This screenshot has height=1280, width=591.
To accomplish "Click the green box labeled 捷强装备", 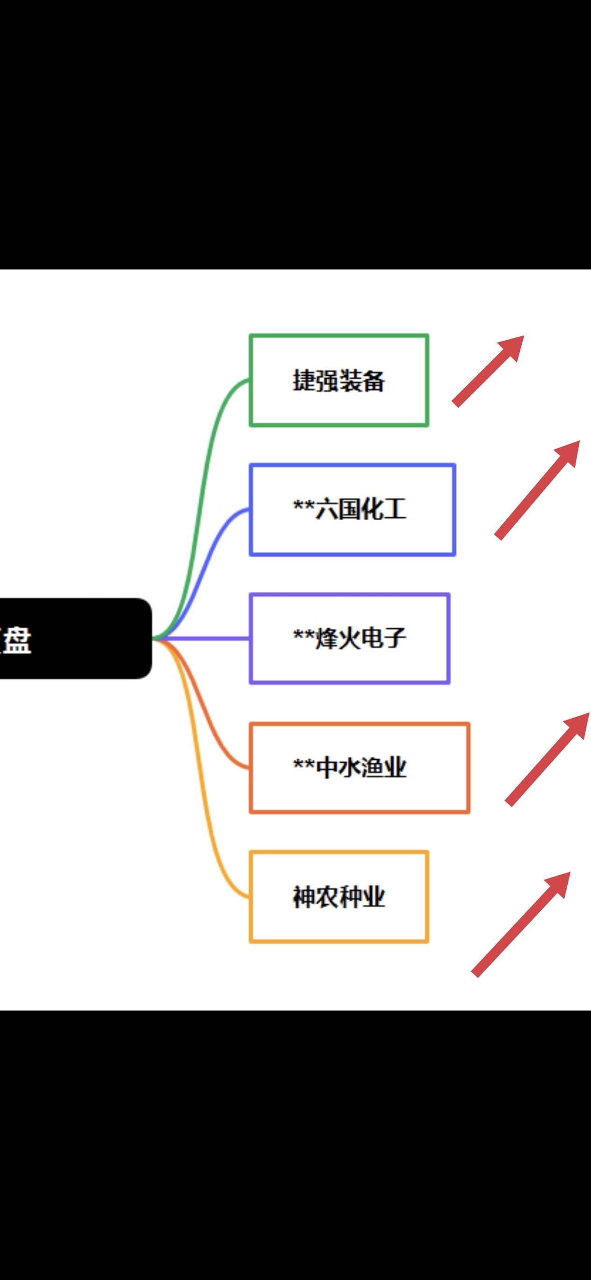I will [x=339, y=380].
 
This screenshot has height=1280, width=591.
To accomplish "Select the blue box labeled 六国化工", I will [x=352, y=509].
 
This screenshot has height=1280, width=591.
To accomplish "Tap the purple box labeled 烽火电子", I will [x=350, y=639].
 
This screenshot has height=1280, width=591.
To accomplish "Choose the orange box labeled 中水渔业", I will [x=359, y=768].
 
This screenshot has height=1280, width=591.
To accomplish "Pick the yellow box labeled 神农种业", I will [x=339, y=897].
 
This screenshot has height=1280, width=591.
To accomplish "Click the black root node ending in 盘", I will [x=74, y=639].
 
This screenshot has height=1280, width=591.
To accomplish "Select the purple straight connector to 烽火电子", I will [x=209, y=639].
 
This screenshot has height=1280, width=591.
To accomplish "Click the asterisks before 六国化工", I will [x=303, y=507].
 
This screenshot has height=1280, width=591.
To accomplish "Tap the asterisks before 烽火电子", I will [x=303, y=636].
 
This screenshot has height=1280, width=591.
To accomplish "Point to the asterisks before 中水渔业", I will [x=303, y=765].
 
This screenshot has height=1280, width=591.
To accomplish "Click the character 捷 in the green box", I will [x=303, y=381].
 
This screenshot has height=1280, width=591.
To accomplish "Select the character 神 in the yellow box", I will [x=303, y=897].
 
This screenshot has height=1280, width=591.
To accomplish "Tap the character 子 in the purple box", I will [x=395, y=639].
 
